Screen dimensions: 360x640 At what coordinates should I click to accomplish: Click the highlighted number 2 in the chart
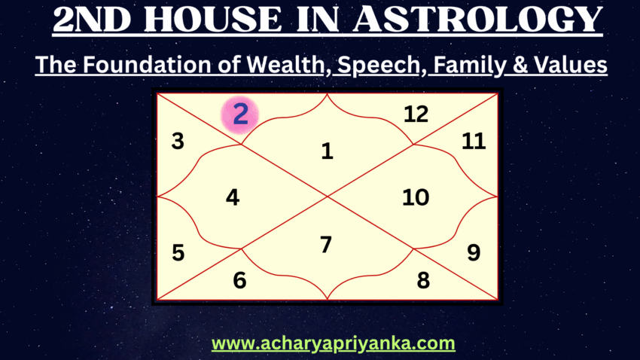[x=240, y=115]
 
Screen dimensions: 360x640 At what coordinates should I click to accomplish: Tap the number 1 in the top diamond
[x=327, y=151]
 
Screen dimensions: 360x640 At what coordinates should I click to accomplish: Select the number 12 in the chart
[x=416, y=114]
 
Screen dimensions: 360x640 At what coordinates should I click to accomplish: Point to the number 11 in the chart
[x=474, y=141]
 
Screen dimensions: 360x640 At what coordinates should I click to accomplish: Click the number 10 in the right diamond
[x=416, y=197]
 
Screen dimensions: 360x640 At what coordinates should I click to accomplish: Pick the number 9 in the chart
[x=474, y=252]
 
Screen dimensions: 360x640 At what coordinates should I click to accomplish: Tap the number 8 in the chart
[x=423, y=280]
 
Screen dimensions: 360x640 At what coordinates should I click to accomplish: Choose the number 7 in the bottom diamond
[x=326, y=245]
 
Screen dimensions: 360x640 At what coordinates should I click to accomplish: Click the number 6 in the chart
[x=239, y=280]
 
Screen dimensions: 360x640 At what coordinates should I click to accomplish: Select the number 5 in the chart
[x=178, y=252]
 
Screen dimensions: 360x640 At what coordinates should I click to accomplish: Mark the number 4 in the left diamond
[x=233, y=197]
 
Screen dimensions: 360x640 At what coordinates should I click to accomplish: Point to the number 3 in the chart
[x=178, y=141]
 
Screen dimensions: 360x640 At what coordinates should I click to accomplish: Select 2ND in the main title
[x=93, y=21]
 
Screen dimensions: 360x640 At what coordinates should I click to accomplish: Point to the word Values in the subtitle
[x=565, y=66]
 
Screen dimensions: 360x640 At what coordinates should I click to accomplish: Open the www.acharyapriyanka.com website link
[x=333, y=344]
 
